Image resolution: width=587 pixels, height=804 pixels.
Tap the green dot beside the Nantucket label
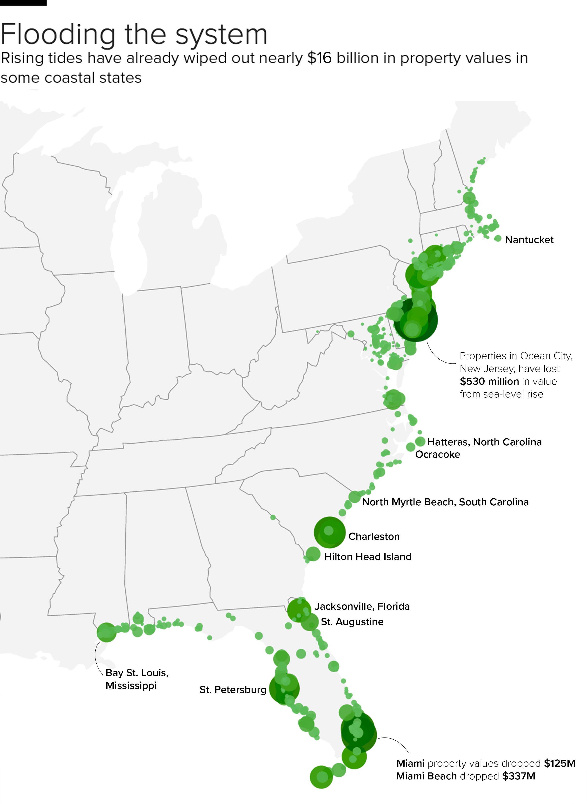[498, 238]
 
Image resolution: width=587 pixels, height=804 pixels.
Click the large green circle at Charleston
[329, 532]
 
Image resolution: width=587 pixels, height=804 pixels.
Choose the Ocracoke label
[437, 454]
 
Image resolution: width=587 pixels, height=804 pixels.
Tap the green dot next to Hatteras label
[420, 442]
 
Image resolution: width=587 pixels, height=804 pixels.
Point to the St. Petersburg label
[233, 690]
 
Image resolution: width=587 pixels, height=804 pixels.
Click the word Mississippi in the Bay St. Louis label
[131, 685]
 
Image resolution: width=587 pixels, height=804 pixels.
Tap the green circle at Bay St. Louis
[106, 632]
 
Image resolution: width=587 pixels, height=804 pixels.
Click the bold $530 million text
[489, 381]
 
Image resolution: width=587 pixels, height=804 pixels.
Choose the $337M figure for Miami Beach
[518, 776]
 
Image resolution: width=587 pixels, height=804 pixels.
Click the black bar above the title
[23, 2]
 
